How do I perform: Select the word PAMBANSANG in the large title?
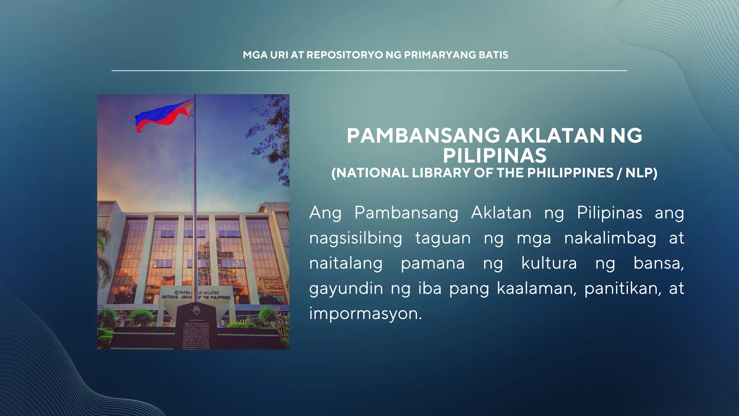tap(423, 136)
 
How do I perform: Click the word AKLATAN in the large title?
tap(555, 136)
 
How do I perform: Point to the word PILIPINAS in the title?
tap(495, 156)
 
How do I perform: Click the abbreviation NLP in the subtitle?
tap(639, 173)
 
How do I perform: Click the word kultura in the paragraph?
tap(549, 263)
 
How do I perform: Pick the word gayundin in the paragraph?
tap(346, 289)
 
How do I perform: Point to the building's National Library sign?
tap(196, 295)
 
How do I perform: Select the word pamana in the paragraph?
tap(433, 264)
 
